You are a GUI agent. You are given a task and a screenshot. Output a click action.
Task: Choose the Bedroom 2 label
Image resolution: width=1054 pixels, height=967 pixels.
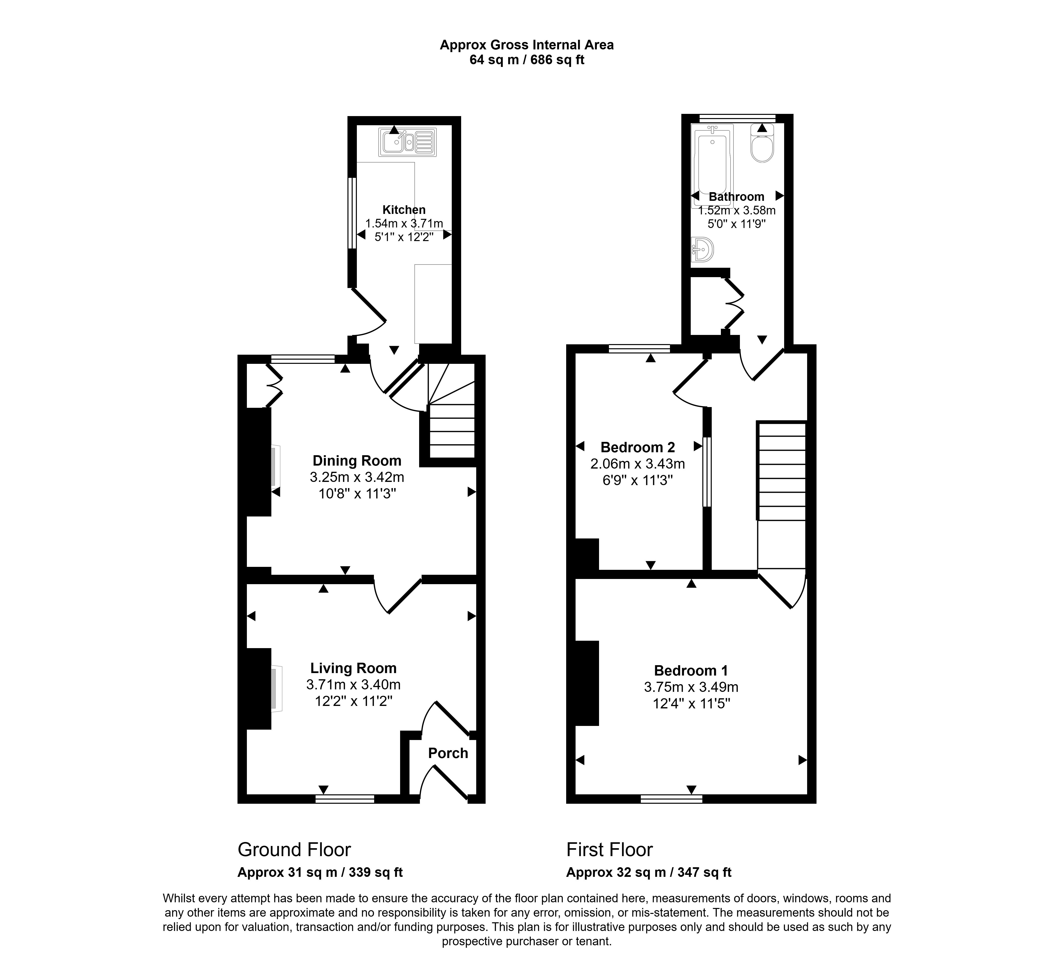point(638,447)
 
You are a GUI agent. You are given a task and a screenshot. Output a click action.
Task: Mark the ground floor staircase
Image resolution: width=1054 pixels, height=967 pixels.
point(451,411)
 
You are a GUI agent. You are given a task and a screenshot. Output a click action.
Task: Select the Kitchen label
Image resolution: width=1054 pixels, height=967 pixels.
point(404,210)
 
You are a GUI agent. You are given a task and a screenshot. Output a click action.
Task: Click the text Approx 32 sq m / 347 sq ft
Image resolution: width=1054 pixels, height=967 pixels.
point(649,872)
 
